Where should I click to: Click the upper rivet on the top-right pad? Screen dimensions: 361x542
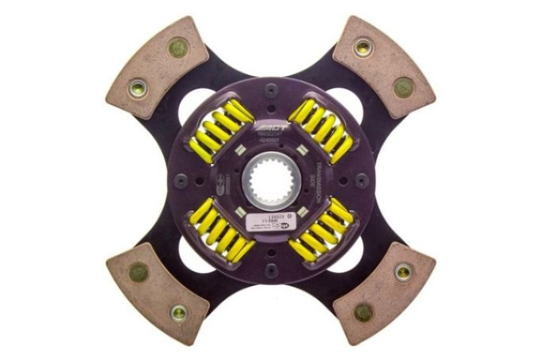[x=363, y=47]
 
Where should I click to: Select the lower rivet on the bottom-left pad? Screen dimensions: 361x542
[x=178, y=311]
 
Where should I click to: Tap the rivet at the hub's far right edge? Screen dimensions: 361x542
[x=362, y=180]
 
